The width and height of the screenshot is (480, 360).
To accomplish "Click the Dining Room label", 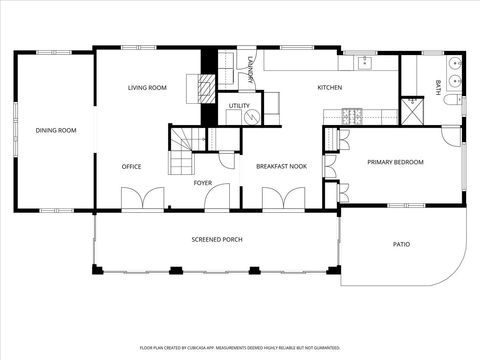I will pyautogui.click(x=56, y=130).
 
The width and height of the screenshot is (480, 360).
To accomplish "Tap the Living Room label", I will pyautogui.click(x=147, y=88).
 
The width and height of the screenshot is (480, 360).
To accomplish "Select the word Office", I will pyautogui.click(x=131, y=166).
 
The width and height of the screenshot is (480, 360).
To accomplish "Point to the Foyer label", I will pyautogui.click(x=203, y=183).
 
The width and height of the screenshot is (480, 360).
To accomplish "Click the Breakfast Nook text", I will pyautogui.click(x=281, y=166).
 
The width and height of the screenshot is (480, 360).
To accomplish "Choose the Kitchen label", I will pyautogui.click(x=330, y=88).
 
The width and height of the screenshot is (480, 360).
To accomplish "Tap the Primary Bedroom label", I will pyautogui.click(x=395, y=162).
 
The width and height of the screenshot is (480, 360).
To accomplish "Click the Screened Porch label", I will pyautogui.click(x=217, y=239).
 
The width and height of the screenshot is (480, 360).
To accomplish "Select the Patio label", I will pyautogui.click(x=401, y=244).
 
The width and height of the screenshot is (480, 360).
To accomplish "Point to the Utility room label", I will pyautogui.click(x=239, y=105).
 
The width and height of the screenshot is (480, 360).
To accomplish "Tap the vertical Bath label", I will pyautogui.click(x=437, y=87).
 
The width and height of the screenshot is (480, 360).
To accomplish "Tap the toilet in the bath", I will pyautogui.click(x=451, y=99).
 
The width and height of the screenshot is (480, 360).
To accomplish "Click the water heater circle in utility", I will pyautogui.click(x=252, y=116).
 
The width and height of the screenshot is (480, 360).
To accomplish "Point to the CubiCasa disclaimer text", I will pyautogui.click(x=240, y=349).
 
